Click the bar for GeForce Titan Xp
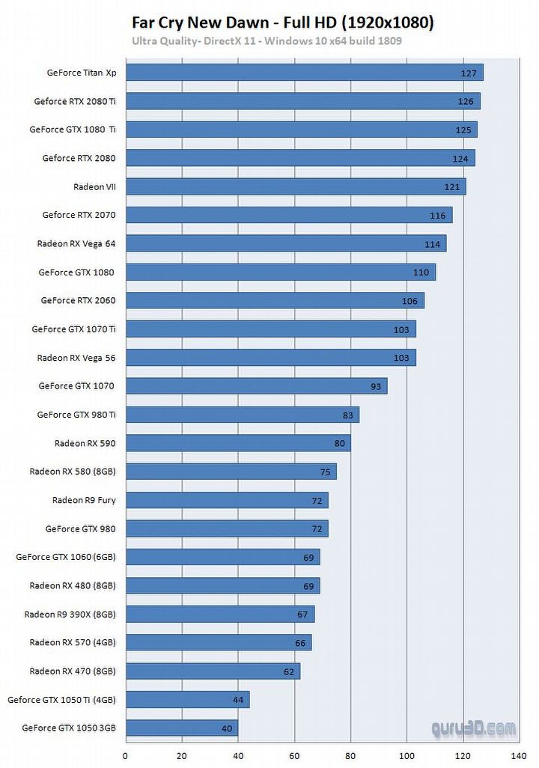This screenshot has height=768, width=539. coord(303,73)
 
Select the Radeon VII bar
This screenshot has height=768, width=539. coord(295,186)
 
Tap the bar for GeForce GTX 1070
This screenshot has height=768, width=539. coord(255,386)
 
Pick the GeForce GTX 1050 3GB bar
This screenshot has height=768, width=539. coord(181,728)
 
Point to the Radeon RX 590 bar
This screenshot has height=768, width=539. coord(237,443)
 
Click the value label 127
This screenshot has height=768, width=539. coord(469,73)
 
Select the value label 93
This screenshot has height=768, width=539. coord(376,387)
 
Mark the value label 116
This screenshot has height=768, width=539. coord(438,216)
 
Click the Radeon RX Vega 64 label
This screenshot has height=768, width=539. coord(76,243)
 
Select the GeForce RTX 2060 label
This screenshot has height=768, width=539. coord(79,300)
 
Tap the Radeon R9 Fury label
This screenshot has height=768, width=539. coord(84,500)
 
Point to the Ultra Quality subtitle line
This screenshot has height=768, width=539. coord(267,40)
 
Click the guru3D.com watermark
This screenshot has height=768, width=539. coord(473,728)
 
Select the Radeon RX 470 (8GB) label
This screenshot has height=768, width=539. coord(73,671)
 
